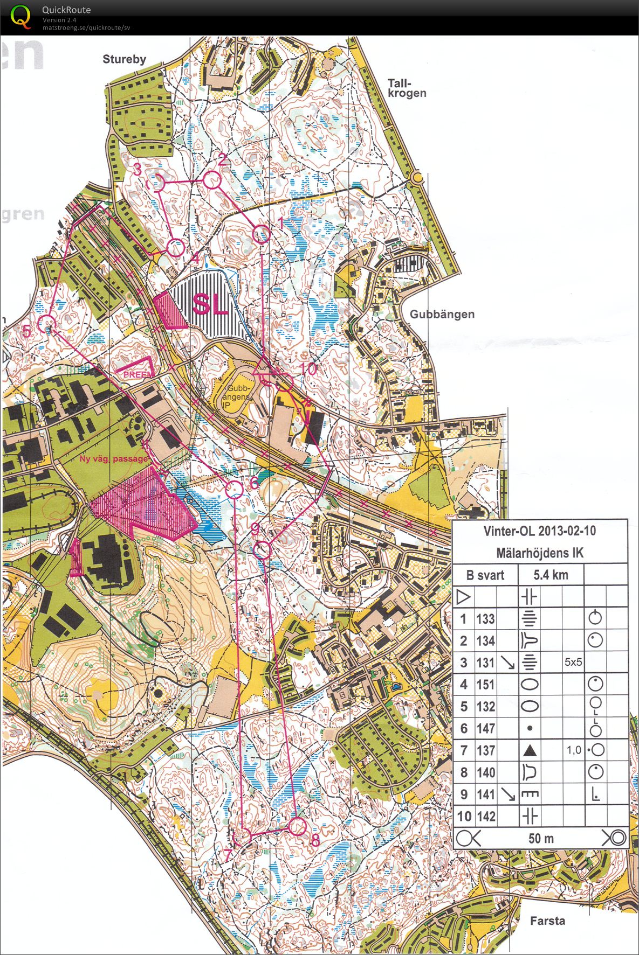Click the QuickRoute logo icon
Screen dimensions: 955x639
[x=20, y=16]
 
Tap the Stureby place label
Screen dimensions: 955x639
[x=124, y=59]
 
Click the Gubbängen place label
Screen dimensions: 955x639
[x=442, y=314]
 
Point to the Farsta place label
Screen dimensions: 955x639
[x=547, y=921]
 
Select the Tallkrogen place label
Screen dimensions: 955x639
[x=407, y=88]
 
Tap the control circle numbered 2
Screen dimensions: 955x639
[x=212, y=180]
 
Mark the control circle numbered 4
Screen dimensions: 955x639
[x=175, y=248]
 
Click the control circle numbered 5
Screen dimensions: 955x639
[x=47, y=324]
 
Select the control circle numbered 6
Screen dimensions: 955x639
[x=234, y=490]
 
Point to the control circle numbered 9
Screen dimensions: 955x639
[x=262, y=550]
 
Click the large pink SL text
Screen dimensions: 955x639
[x=210, y=304]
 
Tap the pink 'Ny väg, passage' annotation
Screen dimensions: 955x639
[x=113, y=458]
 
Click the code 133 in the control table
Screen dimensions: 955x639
[x=485, y=619]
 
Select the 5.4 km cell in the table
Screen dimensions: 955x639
[x=551, y=575]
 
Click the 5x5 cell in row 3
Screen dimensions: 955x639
[x=573, y=663]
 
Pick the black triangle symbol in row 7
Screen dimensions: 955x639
[x=530, y=750]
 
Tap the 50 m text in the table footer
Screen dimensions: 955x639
[x=541, y=838]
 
